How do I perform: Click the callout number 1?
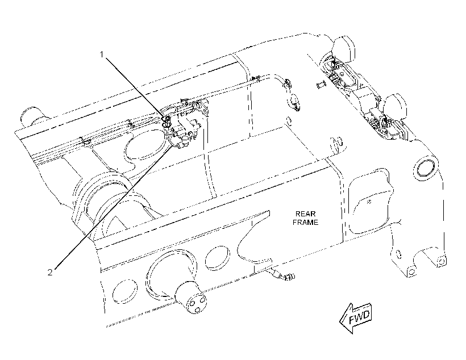(102, 55)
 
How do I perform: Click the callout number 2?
(50, 272)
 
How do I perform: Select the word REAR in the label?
(305, 214)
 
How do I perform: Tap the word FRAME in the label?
(305, 222)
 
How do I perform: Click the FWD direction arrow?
(355, 318)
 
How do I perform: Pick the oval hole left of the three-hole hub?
(125, 291)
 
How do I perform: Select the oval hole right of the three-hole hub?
(217, 258)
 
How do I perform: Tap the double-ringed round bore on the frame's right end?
(426, 170)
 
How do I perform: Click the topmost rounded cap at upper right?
(343, 49)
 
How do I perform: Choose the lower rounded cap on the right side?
(396, 106)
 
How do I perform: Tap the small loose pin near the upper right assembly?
(321, 85)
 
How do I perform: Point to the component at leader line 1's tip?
(167, 119)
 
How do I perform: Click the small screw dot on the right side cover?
(369, 202)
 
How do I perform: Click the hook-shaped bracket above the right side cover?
(337, 143)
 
